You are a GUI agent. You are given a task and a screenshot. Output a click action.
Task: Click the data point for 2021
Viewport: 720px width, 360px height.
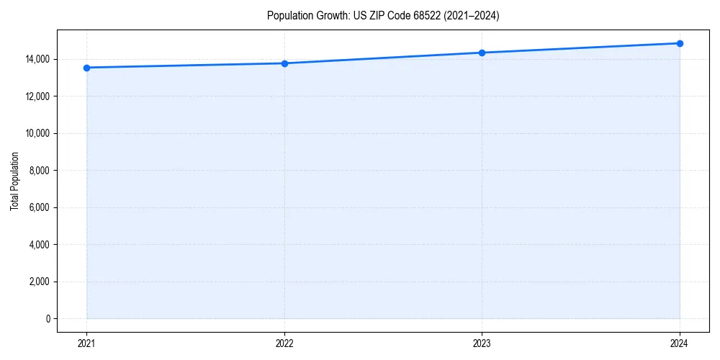(86, 68)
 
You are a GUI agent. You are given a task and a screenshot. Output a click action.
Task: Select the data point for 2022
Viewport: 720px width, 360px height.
(284, 63)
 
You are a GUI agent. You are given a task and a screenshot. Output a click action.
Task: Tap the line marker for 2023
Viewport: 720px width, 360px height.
(482, 53)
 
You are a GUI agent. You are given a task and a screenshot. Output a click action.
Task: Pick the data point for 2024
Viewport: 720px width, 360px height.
(680, 43)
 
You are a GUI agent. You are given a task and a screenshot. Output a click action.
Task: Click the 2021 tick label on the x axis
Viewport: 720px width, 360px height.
(86, 343)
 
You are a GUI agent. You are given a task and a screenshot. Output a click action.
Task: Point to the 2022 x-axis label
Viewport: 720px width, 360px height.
(284, 343)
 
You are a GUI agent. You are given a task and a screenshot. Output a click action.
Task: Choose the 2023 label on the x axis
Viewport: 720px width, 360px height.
(482, 343)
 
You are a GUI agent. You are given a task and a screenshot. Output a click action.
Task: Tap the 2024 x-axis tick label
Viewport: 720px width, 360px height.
(680, 343)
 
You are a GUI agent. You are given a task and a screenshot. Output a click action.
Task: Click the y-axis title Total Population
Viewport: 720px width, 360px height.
(14, 181)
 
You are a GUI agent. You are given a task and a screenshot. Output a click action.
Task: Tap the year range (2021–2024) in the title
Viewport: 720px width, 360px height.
(474, 16)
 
